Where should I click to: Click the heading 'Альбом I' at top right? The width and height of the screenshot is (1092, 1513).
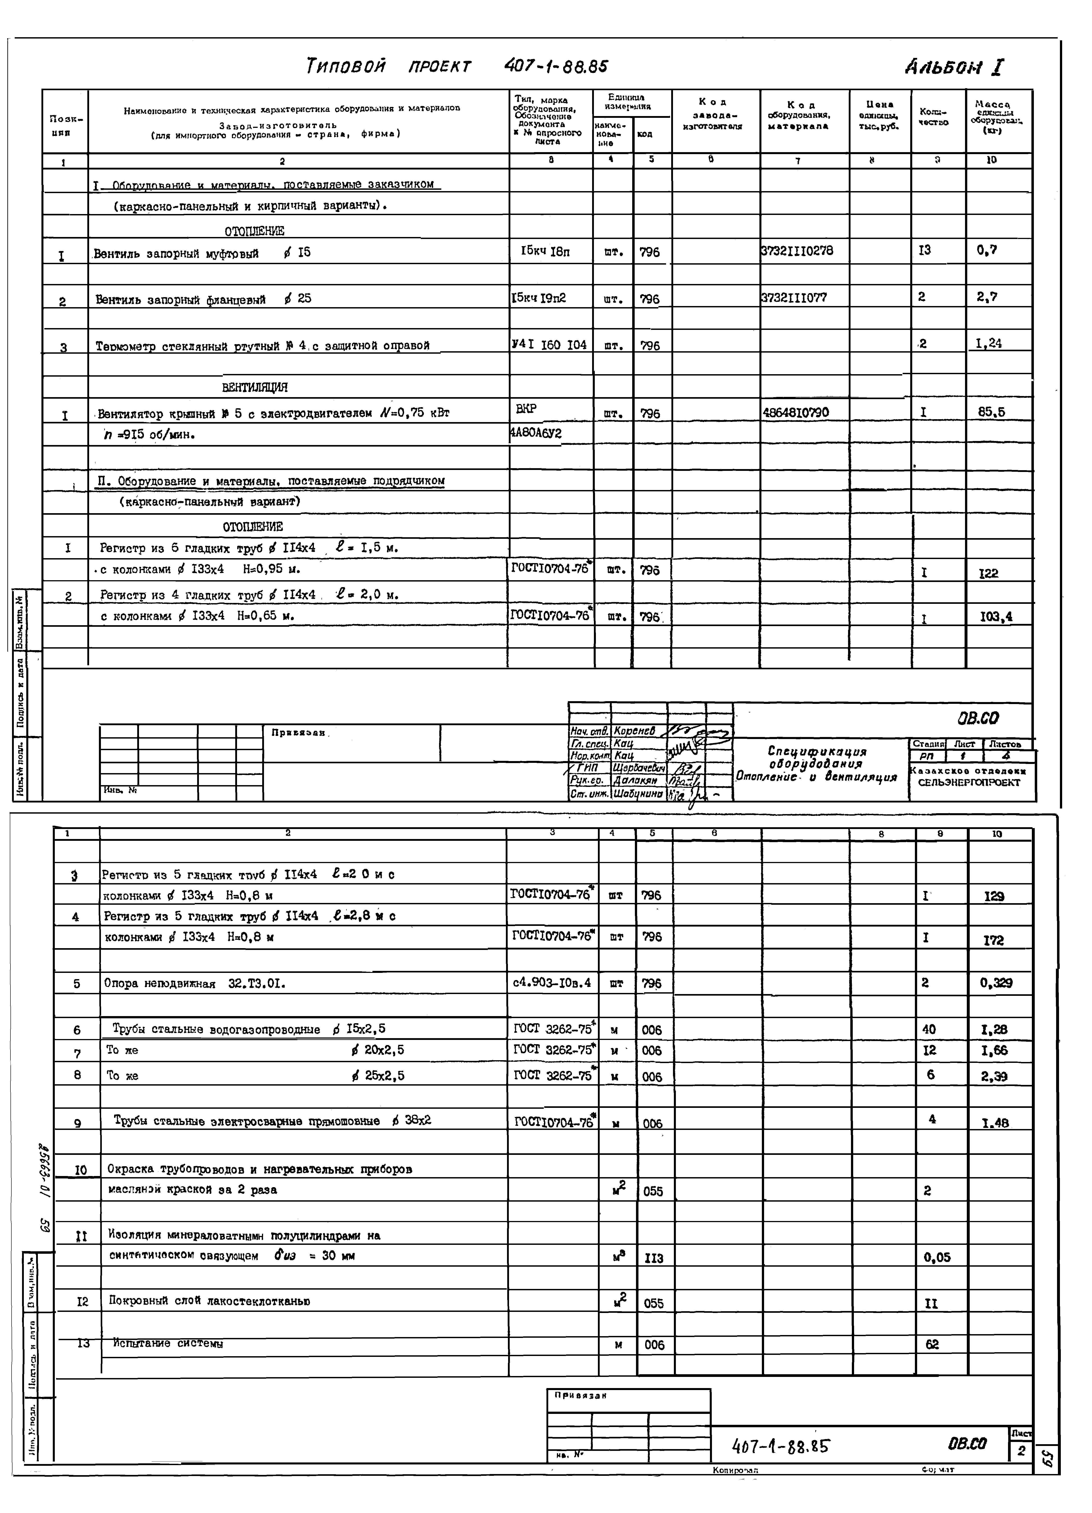954,67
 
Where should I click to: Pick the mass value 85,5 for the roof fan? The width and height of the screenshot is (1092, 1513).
991,412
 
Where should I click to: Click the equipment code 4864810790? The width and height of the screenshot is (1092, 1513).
795,412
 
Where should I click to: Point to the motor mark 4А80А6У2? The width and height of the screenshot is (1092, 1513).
536,434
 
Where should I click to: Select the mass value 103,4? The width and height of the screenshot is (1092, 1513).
995,617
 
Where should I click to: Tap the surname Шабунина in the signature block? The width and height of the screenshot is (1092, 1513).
638,794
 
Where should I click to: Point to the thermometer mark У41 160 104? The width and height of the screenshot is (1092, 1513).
548,345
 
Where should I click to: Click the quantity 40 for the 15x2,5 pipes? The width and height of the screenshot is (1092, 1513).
928,1029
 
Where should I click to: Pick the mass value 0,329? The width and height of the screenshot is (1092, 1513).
995,983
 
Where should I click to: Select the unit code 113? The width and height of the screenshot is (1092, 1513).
654,1258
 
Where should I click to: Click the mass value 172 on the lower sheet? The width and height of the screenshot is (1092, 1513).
993,940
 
